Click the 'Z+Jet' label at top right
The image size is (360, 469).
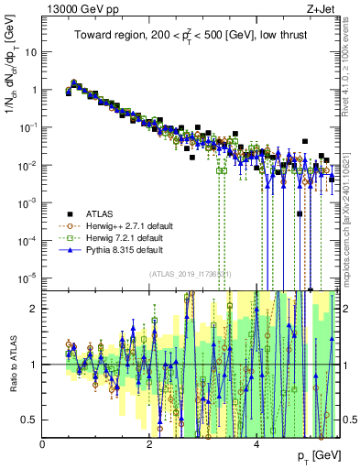pos(321,7)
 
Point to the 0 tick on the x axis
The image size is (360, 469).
pos(43,443)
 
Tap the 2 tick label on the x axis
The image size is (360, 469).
pos(149,443)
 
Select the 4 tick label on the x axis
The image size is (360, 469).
pos(256,443)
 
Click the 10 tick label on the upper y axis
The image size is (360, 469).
pos(31,52)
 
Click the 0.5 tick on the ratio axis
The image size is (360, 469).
pos(32,420)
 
